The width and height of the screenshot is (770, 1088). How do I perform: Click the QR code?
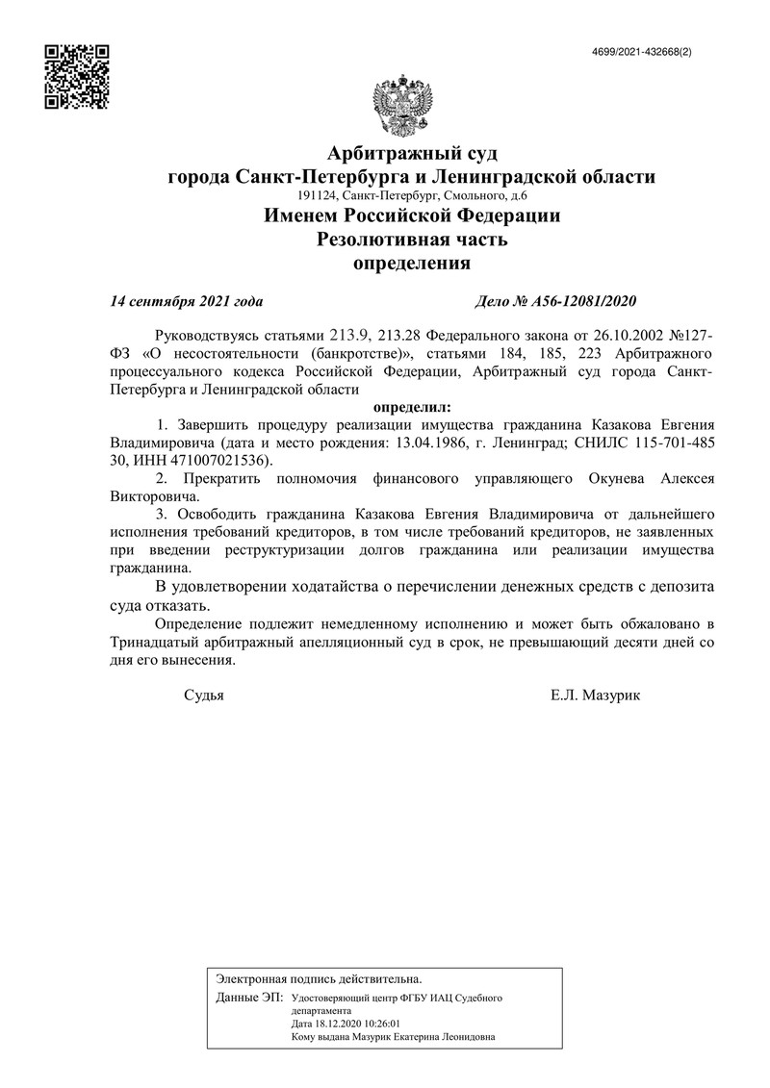click(78, 76)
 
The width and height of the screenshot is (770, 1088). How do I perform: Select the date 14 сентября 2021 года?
click(187, 301)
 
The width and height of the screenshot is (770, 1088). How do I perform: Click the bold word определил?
click(411, 407)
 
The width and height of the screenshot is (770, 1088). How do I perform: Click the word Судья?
click(203, 695)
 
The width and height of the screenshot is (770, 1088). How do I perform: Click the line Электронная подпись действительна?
click(319, 977)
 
